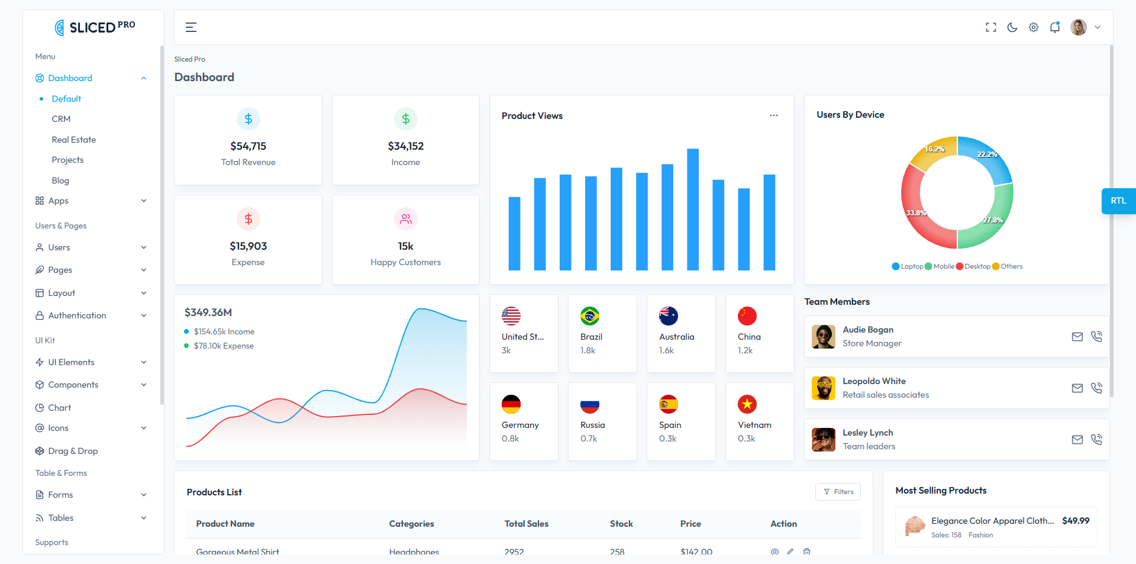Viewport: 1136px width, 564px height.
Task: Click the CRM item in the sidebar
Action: pos(61,119)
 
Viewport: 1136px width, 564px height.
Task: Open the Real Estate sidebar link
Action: pos(73,140)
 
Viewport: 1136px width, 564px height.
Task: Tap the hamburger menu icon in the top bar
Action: pos(191,27)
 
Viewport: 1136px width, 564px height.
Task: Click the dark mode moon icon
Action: pos(1012,27)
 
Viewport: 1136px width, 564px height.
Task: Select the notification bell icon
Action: pos(1055,27)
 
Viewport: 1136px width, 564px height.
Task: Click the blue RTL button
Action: pos(1118,201)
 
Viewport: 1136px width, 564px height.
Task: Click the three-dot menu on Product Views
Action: pos(773,115)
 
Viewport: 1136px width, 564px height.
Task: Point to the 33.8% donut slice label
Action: pos(916,212)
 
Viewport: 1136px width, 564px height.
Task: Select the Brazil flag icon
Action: pos(589,316)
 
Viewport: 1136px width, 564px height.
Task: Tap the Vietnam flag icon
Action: pos(747,404)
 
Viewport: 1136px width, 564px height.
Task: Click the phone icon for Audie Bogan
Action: pos(1096,336)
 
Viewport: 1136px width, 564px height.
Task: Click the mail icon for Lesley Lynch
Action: pos(1077,440)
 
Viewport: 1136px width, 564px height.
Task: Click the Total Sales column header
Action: pos(526,524)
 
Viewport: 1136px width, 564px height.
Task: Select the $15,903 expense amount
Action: pos(248,246)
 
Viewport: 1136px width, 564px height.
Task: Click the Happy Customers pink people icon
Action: pos(406,219)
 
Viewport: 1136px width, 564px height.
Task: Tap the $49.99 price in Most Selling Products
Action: pos(1075,521)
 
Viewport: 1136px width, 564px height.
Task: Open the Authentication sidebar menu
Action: pos(77,315)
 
